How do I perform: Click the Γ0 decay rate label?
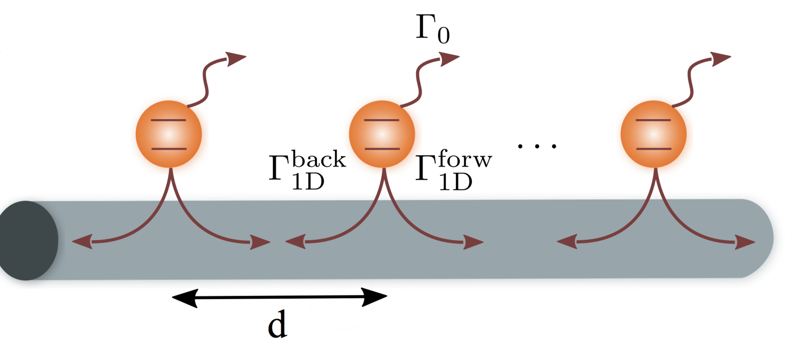pos(432,29)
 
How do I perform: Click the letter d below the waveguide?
pos(277,324)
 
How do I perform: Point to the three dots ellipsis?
pos(537,146)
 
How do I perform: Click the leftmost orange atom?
pos(169,134)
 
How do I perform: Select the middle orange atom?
pos(382,134)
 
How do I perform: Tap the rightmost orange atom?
pos(653,134)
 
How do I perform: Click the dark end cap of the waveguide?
pos(28,240)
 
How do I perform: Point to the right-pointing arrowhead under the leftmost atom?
pos(259,243)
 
